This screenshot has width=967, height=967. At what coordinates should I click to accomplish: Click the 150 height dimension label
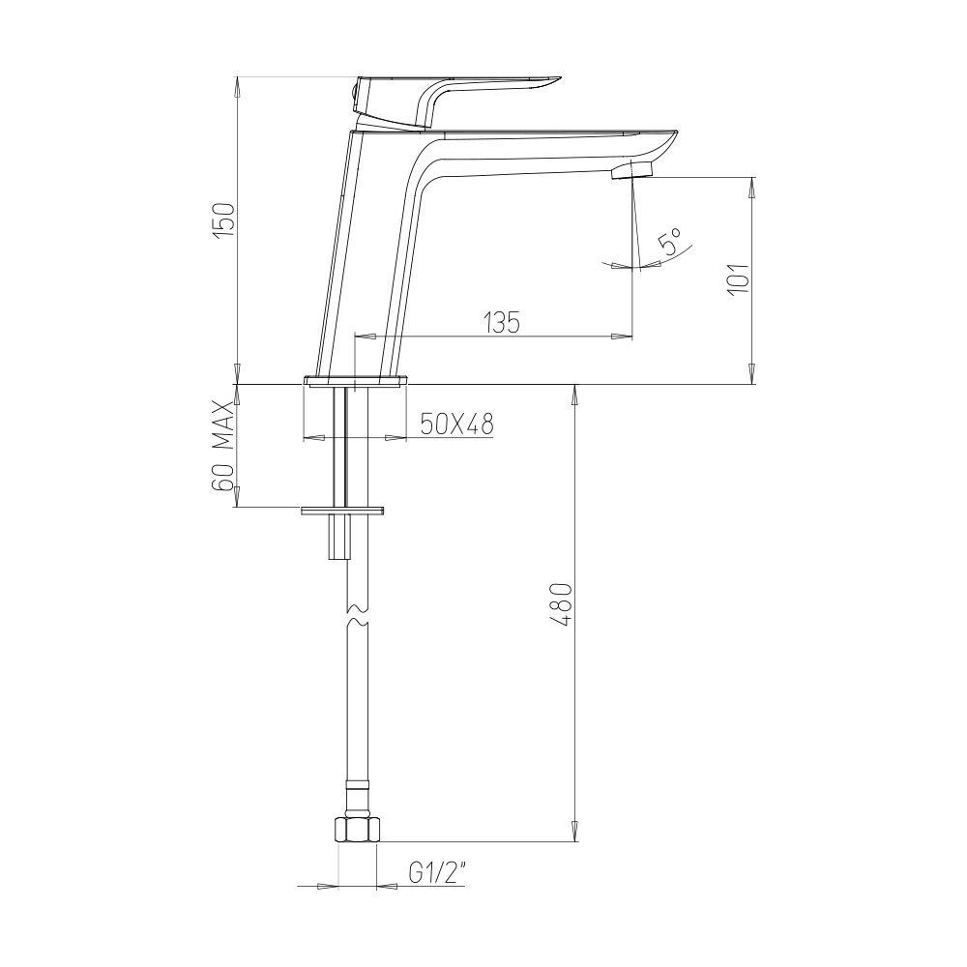223,221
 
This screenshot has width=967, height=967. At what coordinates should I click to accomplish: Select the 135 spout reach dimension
501,322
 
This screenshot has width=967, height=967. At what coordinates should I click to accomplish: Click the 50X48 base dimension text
457,424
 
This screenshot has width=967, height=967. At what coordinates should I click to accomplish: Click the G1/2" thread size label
436,874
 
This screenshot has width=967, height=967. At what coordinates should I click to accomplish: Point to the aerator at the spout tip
633,171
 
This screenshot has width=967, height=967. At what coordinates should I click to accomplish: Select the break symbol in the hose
356,616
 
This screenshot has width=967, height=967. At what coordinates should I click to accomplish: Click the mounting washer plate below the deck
343,510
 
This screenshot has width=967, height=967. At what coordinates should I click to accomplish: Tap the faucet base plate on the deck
356,380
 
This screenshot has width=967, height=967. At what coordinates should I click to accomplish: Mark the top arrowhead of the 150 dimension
238,85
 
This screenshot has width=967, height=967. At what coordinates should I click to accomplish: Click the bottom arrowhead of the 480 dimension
575,833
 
